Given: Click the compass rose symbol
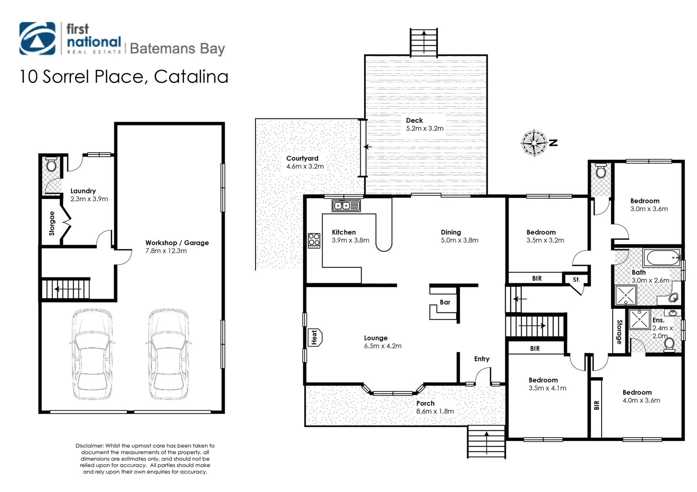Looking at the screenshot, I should point(534,143).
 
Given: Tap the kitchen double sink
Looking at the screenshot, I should point(346,205).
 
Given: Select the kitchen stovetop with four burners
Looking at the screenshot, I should point(314,240).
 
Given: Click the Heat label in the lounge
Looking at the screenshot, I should point(314,337).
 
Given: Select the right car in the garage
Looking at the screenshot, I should point(168,354).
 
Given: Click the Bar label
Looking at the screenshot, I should point(445,302).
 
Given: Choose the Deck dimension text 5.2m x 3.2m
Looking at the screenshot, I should point(425,128).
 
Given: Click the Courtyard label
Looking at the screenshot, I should point(302,158).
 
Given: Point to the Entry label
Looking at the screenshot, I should point(482,359).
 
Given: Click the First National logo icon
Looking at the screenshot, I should point(37,39).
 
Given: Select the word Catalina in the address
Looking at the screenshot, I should point(191,77).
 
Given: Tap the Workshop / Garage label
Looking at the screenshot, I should point(177,243).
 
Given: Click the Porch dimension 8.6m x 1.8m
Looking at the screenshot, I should point(435,411).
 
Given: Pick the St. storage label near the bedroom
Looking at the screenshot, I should point(576,279).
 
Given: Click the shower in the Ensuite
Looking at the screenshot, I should point(640,319).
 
